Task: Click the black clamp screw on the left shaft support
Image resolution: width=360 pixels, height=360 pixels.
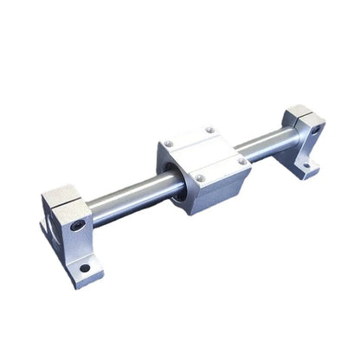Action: pyautogui.click(x=79, y=225)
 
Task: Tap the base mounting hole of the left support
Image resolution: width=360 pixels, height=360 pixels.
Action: pyautogui.click(x=85, y=268)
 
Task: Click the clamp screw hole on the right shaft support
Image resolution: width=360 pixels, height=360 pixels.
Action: pyautogui.click(x=316, y=131)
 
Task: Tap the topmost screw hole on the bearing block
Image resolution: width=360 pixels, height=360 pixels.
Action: pyautogui.click(x=209, y=131)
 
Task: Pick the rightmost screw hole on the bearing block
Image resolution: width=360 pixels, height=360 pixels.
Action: pyautogui.click(x=241, y=162)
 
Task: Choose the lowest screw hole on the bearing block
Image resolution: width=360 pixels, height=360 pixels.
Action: pyautogui.click(x=199, y=178)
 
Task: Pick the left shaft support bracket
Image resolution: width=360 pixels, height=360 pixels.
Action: pyautogui.click(x=71, y=234)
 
